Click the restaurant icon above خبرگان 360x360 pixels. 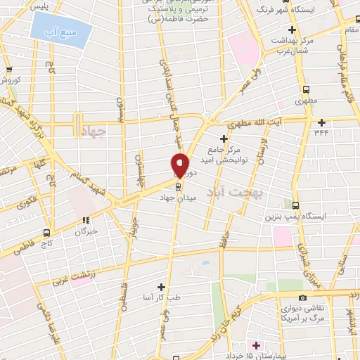tap(86, 219)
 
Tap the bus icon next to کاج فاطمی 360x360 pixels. tap(47, 232)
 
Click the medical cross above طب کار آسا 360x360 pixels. tap(162, 287)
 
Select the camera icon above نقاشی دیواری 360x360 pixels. tap(302, 297)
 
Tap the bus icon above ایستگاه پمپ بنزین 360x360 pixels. tap(296, 205)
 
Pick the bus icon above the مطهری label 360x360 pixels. tap(306, 89)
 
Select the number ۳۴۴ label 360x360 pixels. tap(322, 131)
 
